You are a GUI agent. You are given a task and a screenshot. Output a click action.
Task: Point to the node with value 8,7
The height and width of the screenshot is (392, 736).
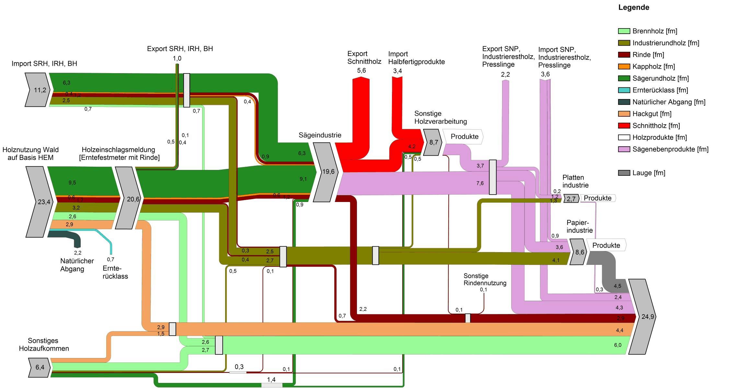[x=432, y=142]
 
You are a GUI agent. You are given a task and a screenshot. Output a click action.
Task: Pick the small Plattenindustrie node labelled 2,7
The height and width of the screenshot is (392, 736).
[x=571, y=199]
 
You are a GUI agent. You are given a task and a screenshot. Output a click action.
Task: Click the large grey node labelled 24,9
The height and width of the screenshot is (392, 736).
[x=645, y=317]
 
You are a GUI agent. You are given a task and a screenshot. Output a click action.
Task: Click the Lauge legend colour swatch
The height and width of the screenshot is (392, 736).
[x=624, y=173]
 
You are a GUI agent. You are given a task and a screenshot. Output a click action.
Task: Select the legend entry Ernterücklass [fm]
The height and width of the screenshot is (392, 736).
[x=660, y=90]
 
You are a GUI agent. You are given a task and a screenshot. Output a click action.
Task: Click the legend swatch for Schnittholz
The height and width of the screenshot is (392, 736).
[x=624, y=126]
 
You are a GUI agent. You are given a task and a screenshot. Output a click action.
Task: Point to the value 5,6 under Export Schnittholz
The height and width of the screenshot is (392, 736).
[x=361, y=71]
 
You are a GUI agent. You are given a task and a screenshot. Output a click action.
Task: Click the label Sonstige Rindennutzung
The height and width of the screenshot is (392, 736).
[x=485, y=279]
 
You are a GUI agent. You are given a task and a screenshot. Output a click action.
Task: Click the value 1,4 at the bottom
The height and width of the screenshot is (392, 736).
[x=271, y=380]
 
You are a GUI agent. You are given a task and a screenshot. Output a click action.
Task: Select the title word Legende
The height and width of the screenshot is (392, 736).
[x=633, y=7]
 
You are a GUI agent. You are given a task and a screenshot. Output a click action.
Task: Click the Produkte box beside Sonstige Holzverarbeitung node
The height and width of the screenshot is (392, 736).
[x=464, y=137]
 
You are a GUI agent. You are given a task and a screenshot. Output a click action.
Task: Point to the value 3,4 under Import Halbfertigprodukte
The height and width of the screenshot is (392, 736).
[x=397, y=71]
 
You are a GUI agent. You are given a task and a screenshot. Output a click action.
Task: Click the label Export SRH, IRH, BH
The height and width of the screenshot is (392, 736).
[x=180, y=49]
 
